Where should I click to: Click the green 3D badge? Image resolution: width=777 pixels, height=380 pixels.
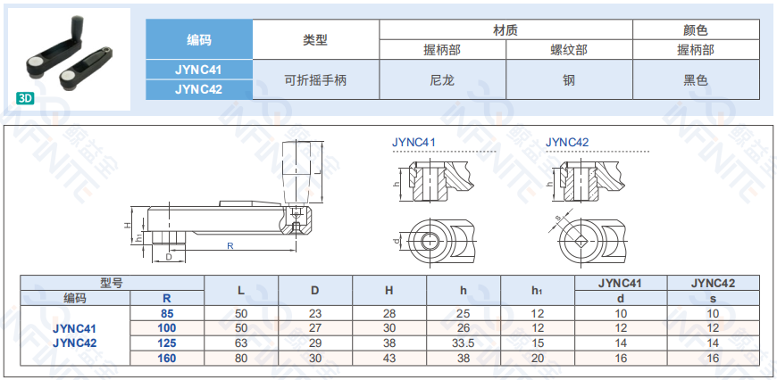pos(25,98)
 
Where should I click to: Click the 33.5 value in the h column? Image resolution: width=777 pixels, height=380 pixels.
pos(464,343)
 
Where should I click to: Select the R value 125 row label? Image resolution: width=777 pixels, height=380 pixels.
pos(167,343)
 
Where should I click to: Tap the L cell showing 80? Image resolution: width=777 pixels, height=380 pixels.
pos(241,358)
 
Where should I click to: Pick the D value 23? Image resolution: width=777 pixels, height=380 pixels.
pos(315,314)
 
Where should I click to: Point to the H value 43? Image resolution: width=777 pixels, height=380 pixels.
pos(389,358)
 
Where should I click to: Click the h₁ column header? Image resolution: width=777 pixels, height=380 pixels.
pos(538,291)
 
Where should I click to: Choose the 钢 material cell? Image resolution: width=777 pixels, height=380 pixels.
pos(569,79)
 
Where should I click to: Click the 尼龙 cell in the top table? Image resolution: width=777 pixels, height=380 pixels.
pos(442,79)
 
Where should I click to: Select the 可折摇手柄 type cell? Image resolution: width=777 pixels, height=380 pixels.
pos(315,79)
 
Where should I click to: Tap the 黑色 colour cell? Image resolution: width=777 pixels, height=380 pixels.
pos(696,79)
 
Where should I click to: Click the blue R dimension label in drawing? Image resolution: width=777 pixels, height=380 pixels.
pos(230,245)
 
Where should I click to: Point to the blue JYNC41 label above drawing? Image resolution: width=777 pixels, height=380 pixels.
pos(414,143)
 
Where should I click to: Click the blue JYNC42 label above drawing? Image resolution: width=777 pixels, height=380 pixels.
pos(567,143)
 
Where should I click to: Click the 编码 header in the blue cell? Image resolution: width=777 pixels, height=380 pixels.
pos(199,39)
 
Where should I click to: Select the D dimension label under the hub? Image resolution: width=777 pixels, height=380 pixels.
pos(169,257)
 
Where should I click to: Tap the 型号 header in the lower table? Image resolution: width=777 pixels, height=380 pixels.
pos(112,283)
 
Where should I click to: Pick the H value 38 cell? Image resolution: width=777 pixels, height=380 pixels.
pos(389,343)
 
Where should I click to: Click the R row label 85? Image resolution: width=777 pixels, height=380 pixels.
pos(167,314)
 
